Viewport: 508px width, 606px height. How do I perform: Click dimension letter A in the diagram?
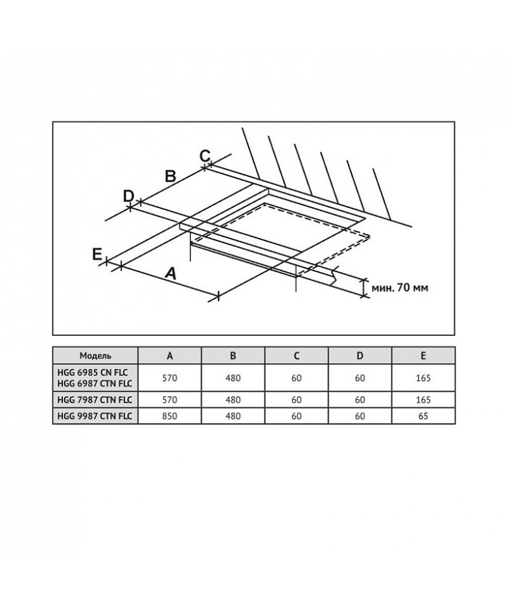click(170, 274)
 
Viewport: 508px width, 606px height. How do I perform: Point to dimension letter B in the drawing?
click(170, 176)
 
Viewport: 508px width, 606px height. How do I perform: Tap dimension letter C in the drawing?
click(205, 156)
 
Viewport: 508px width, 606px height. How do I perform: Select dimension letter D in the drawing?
click(128, 196)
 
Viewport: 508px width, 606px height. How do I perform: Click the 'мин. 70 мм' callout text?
click(400, 288)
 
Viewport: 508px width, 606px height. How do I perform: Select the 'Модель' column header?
click(95, 356)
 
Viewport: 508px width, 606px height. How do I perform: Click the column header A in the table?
click(170, 356)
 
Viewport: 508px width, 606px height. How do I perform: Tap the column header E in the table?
click(423, 356)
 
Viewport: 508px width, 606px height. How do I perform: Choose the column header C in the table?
click(297, 356)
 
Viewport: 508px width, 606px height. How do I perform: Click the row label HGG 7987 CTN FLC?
click(95, 399)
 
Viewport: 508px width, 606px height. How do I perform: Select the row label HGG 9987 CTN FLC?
click(95, 416)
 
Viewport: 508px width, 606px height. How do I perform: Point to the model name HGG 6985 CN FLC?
click(92, 372)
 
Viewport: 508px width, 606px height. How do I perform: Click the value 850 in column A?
click(170, 416)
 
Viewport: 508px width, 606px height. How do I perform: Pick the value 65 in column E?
click(423, 416)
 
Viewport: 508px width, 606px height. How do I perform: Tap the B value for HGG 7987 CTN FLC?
click(233, 400)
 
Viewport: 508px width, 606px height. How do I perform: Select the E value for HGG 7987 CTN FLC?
click(423, 400)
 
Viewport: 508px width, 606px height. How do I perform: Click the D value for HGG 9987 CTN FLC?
click(360, 416)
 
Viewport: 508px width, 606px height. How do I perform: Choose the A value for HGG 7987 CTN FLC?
click(170, 400)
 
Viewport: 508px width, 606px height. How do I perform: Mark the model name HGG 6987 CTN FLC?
click(95, 383)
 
